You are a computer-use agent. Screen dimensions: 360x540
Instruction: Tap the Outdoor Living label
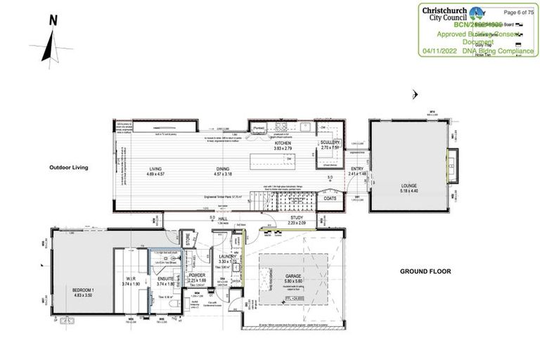click(x=68, y=168)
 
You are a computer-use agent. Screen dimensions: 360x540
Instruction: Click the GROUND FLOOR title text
click(x=425, y=271)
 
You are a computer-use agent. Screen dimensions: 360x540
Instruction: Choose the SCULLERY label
click(x=330, y=143)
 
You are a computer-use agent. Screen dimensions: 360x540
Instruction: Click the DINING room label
click(x=224, y=169)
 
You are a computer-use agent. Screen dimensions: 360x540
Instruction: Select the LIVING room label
click(x=155, y=169)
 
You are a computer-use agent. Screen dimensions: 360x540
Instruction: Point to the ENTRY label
click(x=357, y=169)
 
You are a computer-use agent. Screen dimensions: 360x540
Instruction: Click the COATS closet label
click(x=330, y=198)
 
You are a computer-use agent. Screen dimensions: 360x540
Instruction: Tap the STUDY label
click(x=297, y=219)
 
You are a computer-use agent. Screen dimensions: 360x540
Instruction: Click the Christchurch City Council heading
click(x=448, y=13)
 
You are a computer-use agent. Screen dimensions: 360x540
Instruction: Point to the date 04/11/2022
click(x=441, y=51)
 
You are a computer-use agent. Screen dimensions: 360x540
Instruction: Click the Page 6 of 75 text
click(x=519, y=12)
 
